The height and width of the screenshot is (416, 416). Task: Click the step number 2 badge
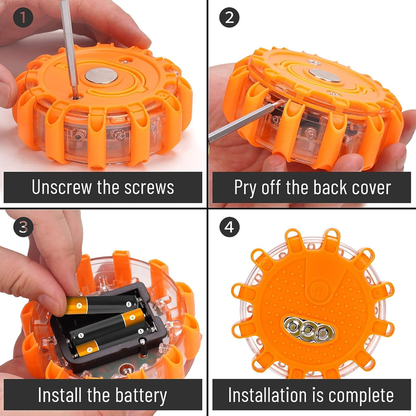click(229, 17)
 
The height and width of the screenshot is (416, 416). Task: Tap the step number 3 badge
click(23, 227)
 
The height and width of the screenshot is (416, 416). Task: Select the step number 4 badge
click(229, 227)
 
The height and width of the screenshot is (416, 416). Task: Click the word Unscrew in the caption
click(62, 187)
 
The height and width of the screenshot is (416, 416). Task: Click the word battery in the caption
click(141, 396)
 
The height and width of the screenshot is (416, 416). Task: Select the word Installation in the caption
click(267, 395)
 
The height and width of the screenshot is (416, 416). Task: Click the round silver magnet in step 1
click(101, 75)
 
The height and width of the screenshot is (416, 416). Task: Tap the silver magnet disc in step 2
click(324, 75)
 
